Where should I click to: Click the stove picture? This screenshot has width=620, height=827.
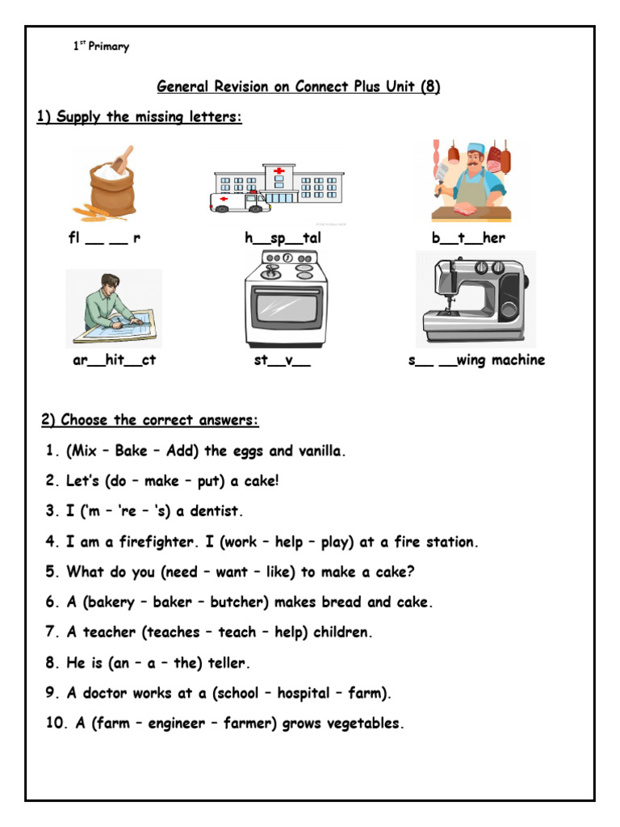point(286,300)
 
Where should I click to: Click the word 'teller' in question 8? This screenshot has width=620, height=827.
point(228,663)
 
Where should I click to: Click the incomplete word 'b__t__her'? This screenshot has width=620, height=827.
point(468,238)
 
